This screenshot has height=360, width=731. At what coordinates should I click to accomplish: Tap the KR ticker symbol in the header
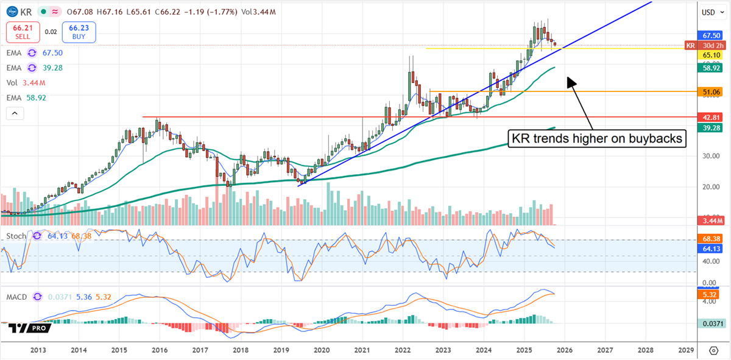pos(26,12)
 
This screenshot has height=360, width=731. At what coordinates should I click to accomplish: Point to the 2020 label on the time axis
pos(321,350)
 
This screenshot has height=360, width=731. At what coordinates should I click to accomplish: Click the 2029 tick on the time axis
pos(685,350)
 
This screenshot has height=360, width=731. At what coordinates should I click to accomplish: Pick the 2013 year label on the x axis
pos(38,350)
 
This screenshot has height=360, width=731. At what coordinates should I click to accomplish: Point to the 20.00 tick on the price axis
pos(707,187)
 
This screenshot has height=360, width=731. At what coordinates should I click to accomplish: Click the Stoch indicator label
pos(16,236)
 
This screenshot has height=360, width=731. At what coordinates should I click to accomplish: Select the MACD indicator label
pos(17,297)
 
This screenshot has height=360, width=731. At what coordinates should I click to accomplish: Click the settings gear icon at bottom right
pos(713,350)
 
